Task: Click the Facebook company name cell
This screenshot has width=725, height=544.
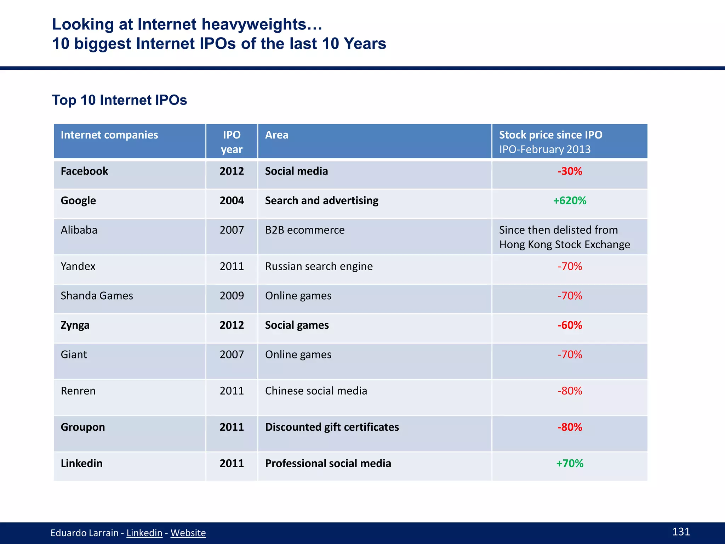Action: coord(84,171)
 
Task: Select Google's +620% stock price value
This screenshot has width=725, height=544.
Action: coord(570,201)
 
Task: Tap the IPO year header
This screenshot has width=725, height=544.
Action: coord(232,142)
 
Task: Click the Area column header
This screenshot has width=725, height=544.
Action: coord(277,135)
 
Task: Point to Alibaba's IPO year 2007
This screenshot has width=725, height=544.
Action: coord(232,230)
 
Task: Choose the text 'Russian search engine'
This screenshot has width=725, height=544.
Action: coord(319,266)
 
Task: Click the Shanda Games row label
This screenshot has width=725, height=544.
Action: coord(97,296)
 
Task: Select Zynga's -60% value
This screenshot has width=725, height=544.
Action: coord(570,325)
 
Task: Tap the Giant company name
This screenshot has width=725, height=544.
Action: coord(74,355)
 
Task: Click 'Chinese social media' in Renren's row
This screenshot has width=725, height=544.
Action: coord(316,391)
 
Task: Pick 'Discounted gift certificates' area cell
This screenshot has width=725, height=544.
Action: coord(332,427)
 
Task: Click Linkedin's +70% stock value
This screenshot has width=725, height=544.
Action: coord(570,464)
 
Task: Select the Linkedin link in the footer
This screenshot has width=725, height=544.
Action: coord(144,533)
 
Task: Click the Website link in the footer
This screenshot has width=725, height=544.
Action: coord(188,533)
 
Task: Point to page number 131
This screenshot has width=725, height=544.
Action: coord(681,532)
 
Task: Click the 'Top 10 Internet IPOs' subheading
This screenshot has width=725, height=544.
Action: coord(119,100)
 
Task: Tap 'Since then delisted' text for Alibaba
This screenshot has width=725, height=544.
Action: coord(558,230)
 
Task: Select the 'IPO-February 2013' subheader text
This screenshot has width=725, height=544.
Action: coord(544,149)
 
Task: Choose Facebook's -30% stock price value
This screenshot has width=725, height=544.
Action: coord(570,171)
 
